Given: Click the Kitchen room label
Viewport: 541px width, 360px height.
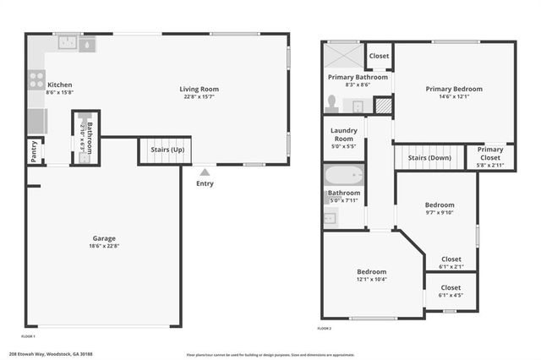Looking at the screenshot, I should (59, 85).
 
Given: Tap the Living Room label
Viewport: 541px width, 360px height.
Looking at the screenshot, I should (199, 89).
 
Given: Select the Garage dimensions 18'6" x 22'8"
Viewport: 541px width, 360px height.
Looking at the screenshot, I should (104, 247).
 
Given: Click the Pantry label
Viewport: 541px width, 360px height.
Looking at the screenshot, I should (34, 151).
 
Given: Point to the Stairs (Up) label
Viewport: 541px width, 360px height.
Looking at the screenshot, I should (167, 150).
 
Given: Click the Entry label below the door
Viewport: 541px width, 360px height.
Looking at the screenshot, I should (205, 183).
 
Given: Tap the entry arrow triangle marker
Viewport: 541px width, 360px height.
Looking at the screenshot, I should (205, 172).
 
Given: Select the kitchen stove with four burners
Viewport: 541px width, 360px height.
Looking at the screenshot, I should (36, 81).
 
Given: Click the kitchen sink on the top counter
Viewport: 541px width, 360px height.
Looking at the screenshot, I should (67, 42).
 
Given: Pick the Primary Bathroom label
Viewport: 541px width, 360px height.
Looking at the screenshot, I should (358, 77).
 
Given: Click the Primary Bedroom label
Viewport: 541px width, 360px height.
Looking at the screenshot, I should (454, 89).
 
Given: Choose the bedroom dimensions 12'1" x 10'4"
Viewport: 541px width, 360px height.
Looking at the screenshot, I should (371, 279).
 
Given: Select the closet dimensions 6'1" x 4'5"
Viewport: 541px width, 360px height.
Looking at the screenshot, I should (451, 295).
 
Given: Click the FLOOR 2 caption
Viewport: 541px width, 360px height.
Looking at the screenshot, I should (325, 328).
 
